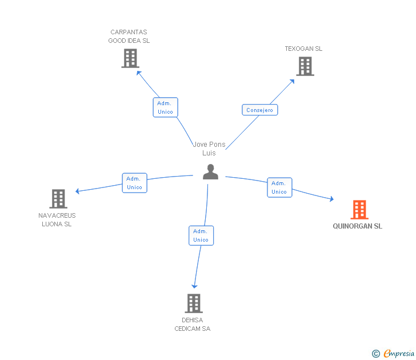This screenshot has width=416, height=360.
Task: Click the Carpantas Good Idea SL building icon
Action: point(130,58)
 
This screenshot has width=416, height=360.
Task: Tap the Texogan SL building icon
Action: point(305,66)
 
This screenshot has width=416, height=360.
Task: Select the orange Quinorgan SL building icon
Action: point(359,210)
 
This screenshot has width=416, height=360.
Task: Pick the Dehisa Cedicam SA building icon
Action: point(194,303)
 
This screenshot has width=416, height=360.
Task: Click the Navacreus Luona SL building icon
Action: point(58,198)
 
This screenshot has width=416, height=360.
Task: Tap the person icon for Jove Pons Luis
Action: point(210,171)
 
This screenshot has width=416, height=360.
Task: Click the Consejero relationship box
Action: point(260,110)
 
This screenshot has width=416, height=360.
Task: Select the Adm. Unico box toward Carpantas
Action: point(165,107)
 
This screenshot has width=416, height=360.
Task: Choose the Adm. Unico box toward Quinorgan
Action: point(279,187)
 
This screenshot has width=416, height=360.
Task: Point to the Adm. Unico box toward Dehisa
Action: point(201,235)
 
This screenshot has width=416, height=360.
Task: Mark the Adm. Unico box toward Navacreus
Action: point(134,183)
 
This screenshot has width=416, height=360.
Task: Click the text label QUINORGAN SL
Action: point(358,226)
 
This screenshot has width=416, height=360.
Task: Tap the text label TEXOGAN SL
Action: point(303,49)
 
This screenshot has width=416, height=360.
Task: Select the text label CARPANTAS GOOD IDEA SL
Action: point(129,37)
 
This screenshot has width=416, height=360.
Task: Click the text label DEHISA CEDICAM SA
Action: point(193,324)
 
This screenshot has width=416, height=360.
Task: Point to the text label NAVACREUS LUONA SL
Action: point(57,219)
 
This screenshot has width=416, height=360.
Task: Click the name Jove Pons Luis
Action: point(209,149)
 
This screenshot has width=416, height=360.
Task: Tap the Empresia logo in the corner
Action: point(394,354)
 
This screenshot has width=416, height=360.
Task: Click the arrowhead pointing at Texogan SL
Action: point(292,81)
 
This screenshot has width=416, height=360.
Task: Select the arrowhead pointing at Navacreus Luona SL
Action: point(78,191)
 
